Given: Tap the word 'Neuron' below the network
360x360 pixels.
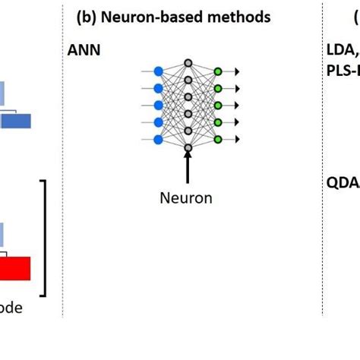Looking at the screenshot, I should [x=186, y=198].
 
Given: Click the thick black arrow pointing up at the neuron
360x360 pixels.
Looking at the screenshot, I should [x=188, y=165].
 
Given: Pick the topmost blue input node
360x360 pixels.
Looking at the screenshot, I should [x=158, y=71].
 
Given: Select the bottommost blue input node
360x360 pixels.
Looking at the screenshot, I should [x=158, y=139].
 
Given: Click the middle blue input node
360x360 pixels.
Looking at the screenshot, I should [x=158, y=105].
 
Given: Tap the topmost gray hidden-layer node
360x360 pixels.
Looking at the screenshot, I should [x=188, y=63].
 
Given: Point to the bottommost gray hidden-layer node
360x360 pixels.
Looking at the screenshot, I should [x=188, y=147].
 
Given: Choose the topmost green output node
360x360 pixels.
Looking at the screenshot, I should [x=217, y=71].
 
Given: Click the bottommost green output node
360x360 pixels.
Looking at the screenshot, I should [x=217, y=139].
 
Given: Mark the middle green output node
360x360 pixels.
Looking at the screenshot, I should [x=217, y=105].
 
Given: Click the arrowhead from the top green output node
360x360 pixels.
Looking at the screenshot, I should [x=237, y=71].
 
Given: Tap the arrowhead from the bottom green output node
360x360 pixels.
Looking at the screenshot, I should [x=237, y=139].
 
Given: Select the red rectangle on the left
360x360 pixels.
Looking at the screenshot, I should [x=15, y=268].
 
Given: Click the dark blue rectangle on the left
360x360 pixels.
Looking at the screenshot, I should [x=15, y=121].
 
